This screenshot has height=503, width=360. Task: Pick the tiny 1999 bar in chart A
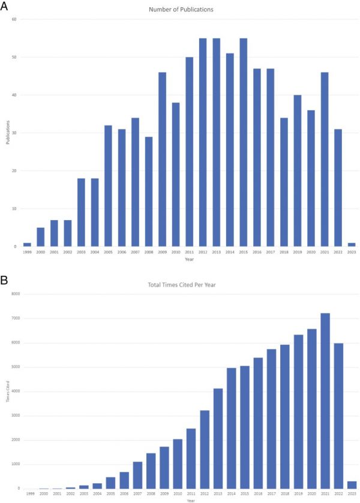coord(27,245)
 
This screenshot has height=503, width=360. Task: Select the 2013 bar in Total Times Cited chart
coord(218,438)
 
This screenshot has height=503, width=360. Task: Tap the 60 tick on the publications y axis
coord(13,19)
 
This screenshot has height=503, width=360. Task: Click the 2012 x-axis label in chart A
coord(202,252)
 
